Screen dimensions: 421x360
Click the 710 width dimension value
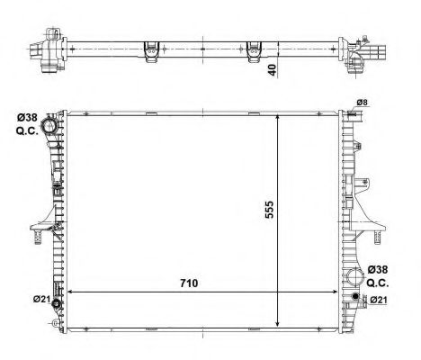coord(189,283)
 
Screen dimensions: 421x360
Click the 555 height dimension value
coord(270,210)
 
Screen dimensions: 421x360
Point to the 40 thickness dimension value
coord(272,70)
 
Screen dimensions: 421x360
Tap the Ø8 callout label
coord(362,103)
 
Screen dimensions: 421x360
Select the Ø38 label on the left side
coord(27,117)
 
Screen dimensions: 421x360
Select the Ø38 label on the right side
coord(378,269)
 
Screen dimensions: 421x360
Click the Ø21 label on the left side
coord(41,299)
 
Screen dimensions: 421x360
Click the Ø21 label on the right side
coord(379,300)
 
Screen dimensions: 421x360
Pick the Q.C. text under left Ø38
coord(27,131)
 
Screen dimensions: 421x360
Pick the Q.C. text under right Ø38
coord(378,283)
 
